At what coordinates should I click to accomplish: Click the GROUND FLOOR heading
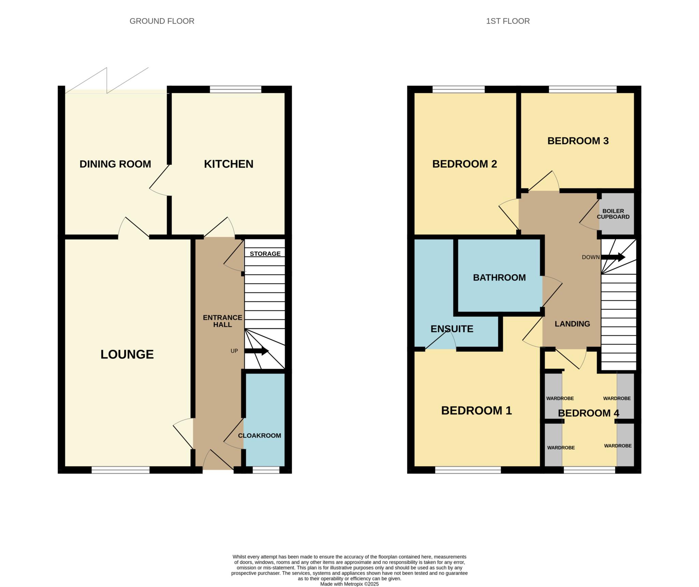tap(162, 21)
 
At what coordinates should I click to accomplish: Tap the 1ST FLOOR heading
tap(508, 21)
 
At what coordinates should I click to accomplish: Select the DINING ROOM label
tap(115, 164)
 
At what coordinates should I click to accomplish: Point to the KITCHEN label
tap(229, 164)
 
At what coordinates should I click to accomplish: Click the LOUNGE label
tap(127, 355)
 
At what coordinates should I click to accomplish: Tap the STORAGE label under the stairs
tap(265, 254)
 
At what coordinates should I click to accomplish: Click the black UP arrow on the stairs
tap(257, 351)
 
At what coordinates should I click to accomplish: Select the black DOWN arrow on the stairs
tap(613, 257)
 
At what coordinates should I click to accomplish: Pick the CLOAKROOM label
tap(259, 435)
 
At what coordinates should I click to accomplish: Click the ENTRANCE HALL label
tap(223, 321)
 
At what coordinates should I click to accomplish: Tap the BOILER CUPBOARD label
tap(613, 214)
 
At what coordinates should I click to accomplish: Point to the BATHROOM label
tap(499, 277)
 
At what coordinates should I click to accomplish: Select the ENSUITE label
tap(452, 329)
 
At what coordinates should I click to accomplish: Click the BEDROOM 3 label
tap(578, 141)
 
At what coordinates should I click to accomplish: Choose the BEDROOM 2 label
tap(465, 164)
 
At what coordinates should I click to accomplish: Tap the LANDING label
tap(572, 324)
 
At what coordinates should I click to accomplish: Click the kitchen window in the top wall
tap(236, 89)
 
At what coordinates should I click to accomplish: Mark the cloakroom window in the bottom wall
tap(266, 470)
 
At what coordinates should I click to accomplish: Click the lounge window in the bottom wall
tap(120, 470)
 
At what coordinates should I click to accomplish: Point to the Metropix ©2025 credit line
tap(349, 584)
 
